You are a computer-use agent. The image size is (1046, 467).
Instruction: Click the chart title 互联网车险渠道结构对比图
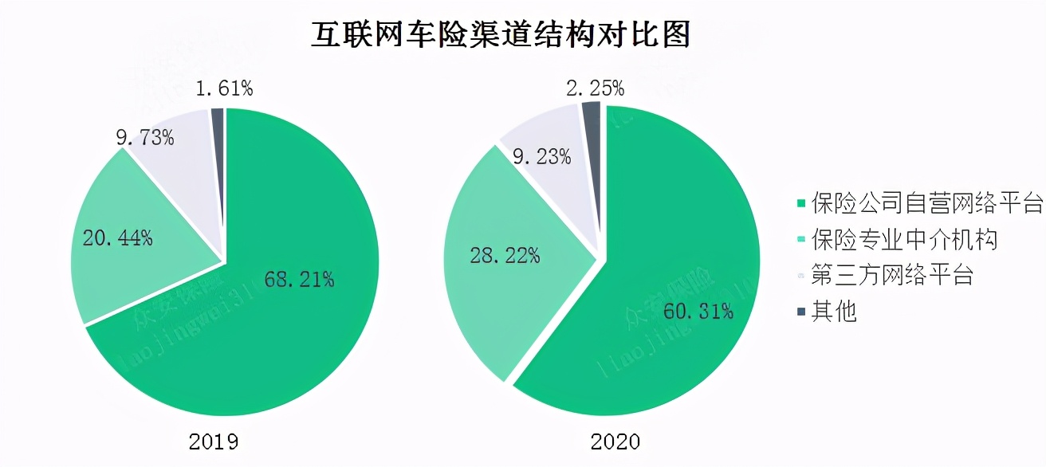pos(500,35)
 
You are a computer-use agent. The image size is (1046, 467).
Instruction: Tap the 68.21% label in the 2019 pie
pos(298,279)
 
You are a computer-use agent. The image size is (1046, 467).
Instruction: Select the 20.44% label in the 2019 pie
pos(117,237)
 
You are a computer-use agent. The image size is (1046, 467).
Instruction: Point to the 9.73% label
pos(144,137)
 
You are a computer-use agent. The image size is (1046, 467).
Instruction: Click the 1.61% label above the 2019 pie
pos(224,88)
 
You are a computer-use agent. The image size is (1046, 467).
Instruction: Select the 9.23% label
pos(541,156)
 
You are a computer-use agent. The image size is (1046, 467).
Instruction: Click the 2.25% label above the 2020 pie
pos(595,88)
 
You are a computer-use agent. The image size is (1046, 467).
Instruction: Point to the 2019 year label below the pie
pos(214,441)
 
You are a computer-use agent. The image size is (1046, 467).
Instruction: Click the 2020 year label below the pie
pos(615,441)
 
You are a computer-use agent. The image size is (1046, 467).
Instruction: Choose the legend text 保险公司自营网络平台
pos(926,203)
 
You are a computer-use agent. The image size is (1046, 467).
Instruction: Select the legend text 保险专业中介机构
pos(904,239)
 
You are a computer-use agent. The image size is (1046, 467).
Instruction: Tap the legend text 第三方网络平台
pos(892,275)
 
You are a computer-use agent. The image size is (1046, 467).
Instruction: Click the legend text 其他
pos(834,311)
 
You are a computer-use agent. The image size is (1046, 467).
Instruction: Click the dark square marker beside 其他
pos(800,312)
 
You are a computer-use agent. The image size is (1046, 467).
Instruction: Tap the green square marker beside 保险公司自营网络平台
pos(800,204)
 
